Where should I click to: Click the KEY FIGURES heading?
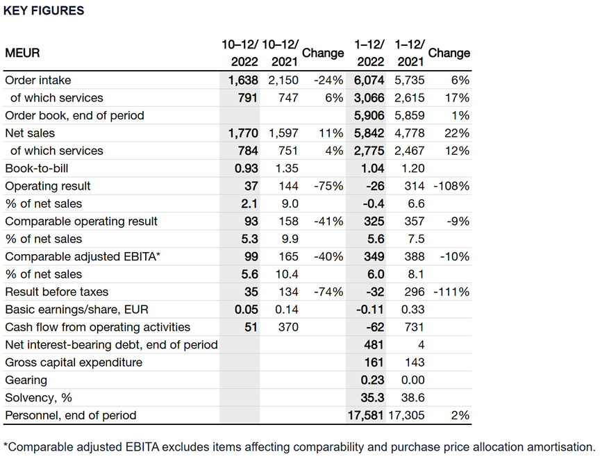(x=44, y=10)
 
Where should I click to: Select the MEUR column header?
(x=22, y=53)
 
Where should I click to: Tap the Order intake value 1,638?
(x=243, y=80)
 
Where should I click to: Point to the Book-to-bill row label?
(x=36, y=168)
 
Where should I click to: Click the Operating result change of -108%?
(x=451, y=186)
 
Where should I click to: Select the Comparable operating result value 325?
(x=374, y=222)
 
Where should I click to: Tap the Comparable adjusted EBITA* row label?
(x=83, y=257)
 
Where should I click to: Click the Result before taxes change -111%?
(x=452, y=292)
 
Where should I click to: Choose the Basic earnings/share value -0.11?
(x=371, y=310)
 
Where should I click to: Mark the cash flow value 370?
(x=287, y=327)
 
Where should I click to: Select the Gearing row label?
(x=26, y=381)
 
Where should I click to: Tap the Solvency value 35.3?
(x=372, y=398)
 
